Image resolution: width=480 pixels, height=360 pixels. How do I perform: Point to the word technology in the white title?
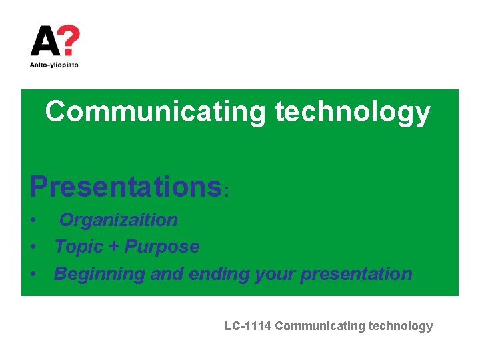tap(353, 112)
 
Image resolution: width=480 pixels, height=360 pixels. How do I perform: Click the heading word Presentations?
tap(125, 187)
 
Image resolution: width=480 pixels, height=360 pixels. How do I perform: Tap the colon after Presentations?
tap(227, 191)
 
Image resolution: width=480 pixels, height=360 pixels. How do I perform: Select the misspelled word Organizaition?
tap(119, 220)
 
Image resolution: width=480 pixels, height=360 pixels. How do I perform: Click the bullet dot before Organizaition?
tap(33, 221)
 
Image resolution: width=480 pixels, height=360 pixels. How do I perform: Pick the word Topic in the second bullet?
tap(77, 247)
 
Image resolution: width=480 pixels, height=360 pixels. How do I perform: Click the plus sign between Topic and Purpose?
tap(113, 247)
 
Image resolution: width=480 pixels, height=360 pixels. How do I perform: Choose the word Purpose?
tap(162, 247)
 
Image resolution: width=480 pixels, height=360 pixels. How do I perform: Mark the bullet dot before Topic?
tap(33, 247)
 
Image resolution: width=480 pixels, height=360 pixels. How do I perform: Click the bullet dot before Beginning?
tap(33, 275)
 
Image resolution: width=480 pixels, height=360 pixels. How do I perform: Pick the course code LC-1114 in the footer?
tap(248, 326)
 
